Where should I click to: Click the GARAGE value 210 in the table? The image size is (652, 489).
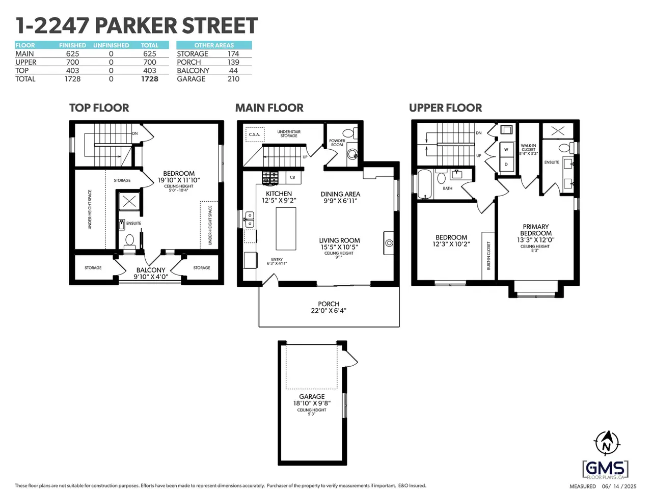click(x=233, y=79)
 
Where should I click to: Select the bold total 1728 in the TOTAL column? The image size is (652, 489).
click(x=149, y=79)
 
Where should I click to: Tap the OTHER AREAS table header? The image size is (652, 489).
click(x=214, y=45)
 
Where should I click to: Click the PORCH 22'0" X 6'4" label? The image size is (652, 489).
click(x=329, y=307)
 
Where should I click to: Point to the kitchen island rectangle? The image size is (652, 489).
click(x=286, y=229)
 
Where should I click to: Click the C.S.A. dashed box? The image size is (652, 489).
click(x=255, y=134)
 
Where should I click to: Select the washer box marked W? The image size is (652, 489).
click(x=506, y=149)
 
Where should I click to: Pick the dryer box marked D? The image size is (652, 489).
click(x=506, y=164)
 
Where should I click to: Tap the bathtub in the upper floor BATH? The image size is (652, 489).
click(x=425, y=184)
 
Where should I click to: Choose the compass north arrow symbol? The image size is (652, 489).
click(x=607, y=447)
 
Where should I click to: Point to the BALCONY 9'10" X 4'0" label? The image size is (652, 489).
click(x=151, y=273)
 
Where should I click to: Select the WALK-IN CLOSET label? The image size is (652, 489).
click(x=528, y=149)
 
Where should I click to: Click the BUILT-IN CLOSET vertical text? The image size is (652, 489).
click(x=488, y=256)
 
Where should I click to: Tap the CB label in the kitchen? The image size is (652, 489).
click(x=292, y=177)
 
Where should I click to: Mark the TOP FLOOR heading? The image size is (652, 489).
click(x=99, y=107)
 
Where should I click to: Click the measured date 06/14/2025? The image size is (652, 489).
click(x=619, y=486)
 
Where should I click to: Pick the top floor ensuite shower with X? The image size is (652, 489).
click(x=129, y=202)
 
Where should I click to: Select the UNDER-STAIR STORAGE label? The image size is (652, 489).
click(x=289, y=133)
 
